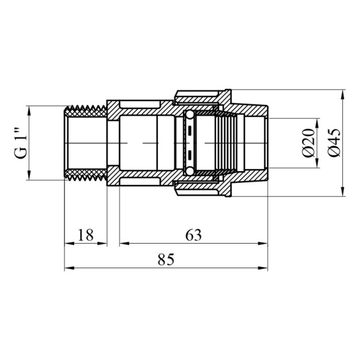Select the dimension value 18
click(x=86, y=234)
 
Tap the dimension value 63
click(x=194, y=234)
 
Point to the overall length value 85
click(x=166, y=259)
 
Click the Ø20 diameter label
click(x=308, y=143)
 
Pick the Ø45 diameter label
click(x=334, y=143)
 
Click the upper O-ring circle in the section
click(x=190, y=114)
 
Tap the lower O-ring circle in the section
click(x=190, y=171)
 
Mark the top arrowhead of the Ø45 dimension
click(x=343, y=94)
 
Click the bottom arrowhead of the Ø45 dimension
click(x=343, y=192)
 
